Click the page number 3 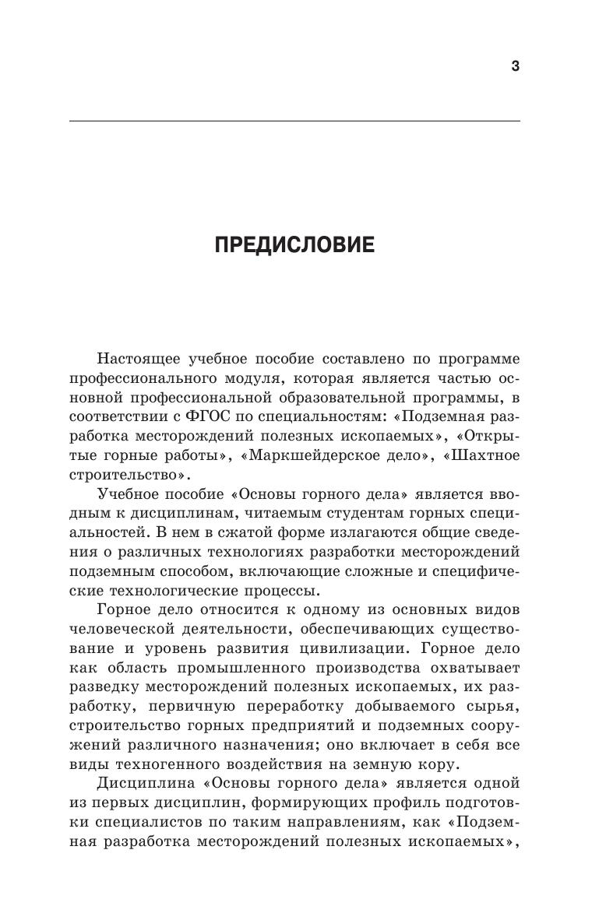coord(515,66)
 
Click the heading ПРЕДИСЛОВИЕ coord(294,246)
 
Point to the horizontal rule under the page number coord(294,121)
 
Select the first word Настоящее coord(138,359)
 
